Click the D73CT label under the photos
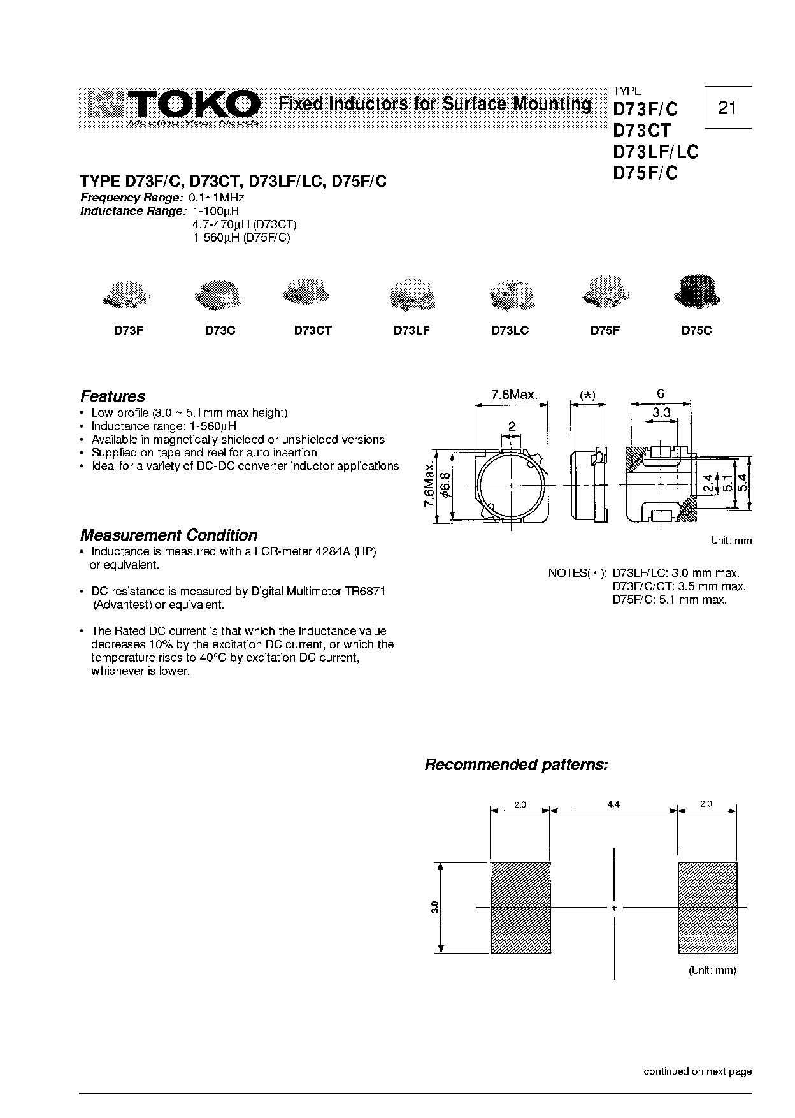(313, 331)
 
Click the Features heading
(113, 396)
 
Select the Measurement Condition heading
(169, 535)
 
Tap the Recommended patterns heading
(516, 764)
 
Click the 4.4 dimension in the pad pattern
(613, 805)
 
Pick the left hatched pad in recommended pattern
(520, 908)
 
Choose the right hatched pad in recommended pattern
(708, 908)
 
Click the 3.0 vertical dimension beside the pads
(434, 908)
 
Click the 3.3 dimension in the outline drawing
(661, 413)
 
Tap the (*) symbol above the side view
(587, 395)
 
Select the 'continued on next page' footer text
(698, 1071)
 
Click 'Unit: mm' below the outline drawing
(731, 541)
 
